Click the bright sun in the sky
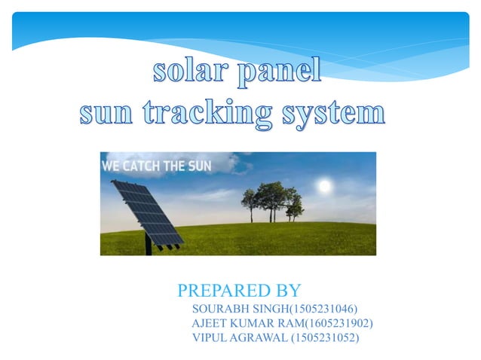(324, 185)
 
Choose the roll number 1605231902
(341, 323)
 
